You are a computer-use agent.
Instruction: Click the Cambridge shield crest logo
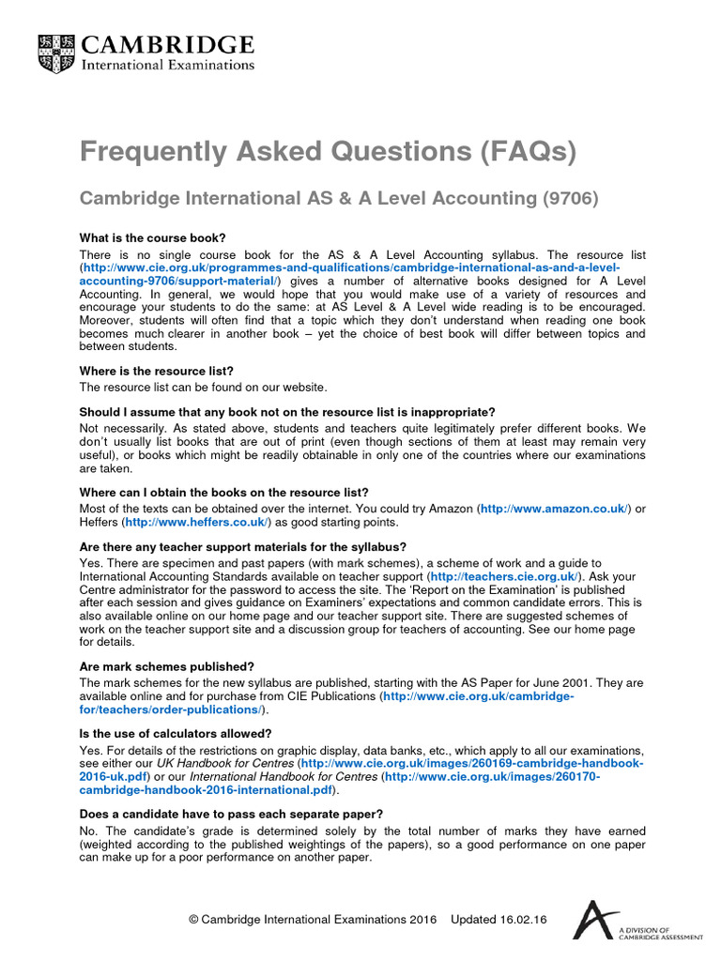pos(57,54)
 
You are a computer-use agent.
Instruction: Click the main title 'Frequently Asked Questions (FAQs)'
pos(328,151)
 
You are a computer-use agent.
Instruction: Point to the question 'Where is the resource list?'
pos(156,371)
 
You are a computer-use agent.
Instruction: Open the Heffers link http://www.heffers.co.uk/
pos(197,522)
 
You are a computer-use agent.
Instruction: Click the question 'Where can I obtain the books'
pos(224,493)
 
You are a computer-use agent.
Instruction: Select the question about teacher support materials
pos(243,546)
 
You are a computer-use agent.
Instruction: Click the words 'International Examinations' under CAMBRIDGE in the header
pos(169,65)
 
